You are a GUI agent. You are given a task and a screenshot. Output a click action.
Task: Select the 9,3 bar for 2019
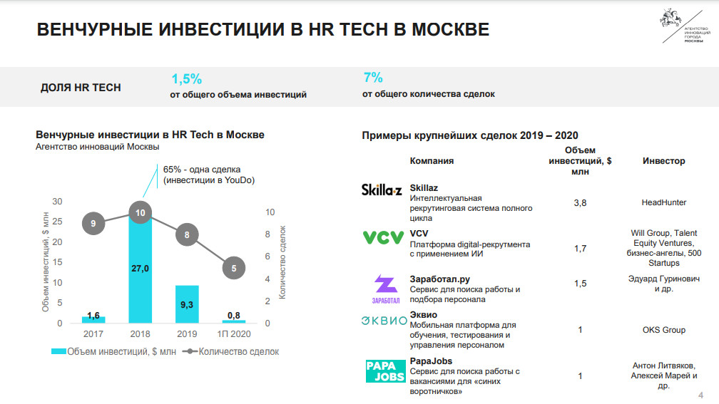[x=187, y=304]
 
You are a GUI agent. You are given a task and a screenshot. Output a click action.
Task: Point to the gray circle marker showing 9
[x=93, y=224]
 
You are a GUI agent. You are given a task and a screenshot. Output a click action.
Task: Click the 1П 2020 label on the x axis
[x=234, y=334]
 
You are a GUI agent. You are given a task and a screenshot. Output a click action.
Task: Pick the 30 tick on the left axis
[x=58, y=202]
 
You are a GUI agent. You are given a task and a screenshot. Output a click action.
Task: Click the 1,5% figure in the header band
[x=186, y=78]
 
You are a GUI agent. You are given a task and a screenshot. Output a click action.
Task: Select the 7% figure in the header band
[x=373, y=78]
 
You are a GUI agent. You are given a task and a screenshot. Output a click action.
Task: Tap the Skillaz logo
[x=382, y=190]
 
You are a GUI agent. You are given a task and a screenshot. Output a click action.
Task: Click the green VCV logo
[x=383, y=237]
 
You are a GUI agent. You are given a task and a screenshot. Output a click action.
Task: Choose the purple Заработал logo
[x=385, y=289]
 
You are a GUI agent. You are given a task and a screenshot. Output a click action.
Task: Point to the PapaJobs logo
[x=385, y=371]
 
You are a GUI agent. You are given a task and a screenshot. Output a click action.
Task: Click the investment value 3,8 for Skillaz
[x=580, y=203]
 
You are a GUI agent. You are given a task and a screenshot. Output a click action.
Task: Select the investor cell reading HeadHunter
[x=663, y=203]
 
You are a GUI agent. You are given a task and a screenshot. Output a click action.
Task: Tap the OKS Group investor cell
[x=663, y=330]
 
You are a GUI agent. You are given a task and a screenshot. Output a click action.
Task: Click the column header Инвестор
[x=663, y=161]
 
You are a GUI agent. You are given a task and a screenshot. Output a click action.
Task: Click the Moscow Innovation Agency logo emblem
[x=669, y=19]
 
